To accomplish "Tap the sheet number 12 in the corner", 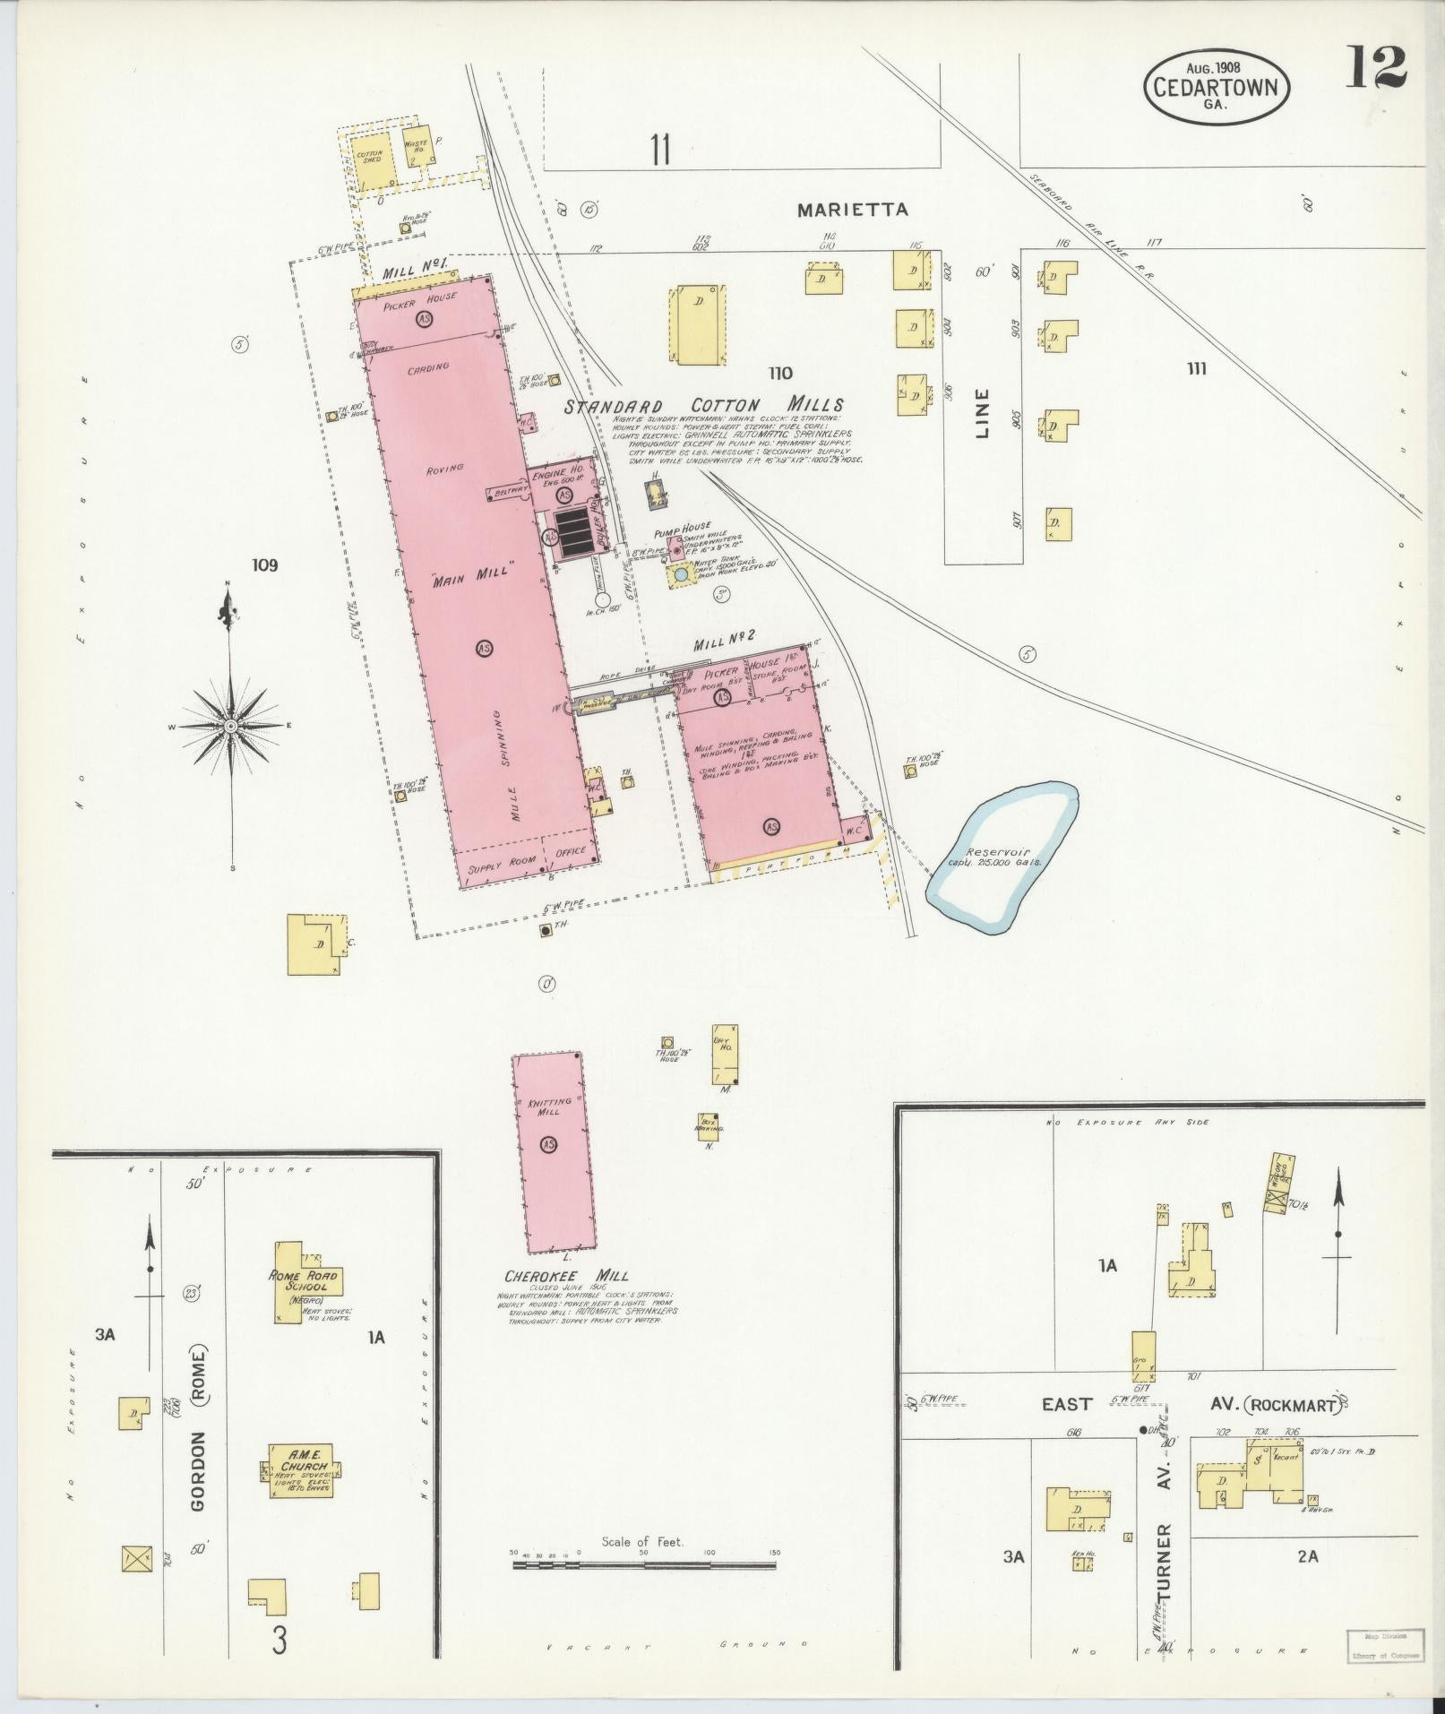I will pyautogui.click(x=1374, y=68).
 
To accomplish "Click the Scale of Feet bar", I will pyautogui.click(x=643, y=1564).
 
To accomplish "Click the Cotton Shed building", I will pyautogui.click(x=370, y=159).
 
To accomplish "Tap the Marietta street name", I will pyautogui.click(x=853, y=210).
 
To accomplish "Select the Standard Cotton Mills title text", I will pyautogui.click(x=703, y=405).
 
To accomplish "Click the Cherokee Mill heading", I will pyautogui.click(x=566, y=1275).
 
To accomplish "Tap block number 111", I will pyautogui.click(x=1197, y=368).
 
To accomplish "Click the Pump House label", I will pyautogui.click(x=683, y=526).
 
